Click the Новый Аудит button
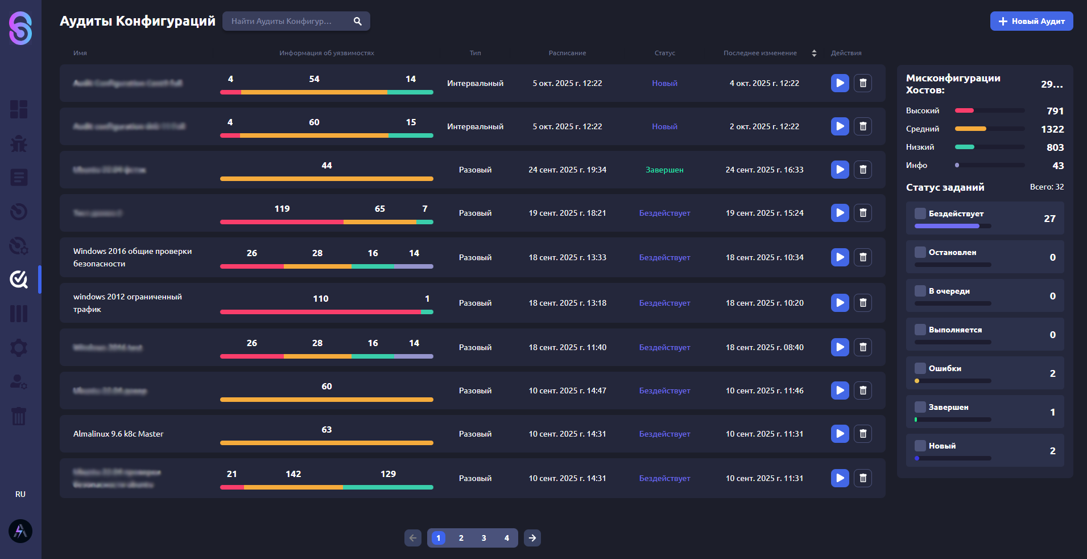coord(1031,21)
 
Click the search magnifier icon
coord(357,21)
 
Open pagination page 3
coord(483,538)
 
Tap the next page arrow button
coord(532,538)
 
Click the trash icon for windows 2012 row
coord(862,303)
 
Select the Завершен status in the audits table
coord(664,170)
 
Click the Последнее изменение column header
coord(760,53)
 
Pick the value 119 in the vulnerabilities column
coord(282,209)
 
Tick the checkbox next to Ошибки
coord(920,368)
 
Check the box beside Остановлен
coord(920,252)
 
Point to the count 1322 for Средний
coord(1052,129)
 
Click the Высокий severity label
coord(922,110)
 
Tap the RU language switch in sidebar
coord(20,494)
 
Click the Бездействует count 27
coord(1049,219)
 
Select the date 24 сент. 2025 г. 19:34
coord(567,170)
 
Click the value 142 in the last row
coord(293,474)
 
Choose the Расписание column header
coord(567,53)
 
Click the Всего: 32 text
coord(1047,187)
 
